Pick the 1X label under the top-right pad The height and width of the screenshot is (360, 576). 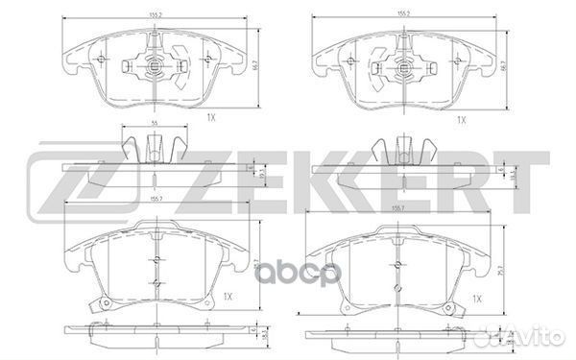coord(461,119)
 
